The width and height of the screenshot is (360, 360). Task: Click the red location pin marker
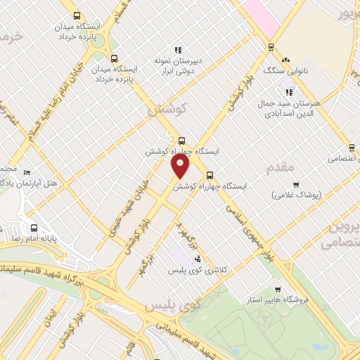point(181,166)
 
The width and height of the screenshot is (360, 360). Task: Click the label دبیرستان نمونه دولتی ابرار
point(179,65)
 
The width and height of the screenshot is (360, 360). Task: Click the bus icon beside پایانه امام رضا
point(34,228)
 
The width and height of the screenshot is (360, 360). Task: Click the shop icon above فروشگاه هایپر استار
point(278,289)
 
